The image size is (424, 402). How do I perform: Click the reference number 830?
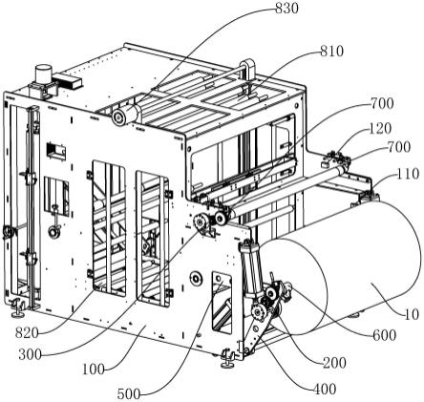tap(286, 9)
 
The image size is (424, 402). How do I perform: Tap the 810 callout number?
tap(332, 52)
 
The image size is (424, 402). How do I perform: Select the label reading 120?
tap(380, 129)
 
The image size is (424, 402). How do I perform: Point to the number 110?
tap(408, 174)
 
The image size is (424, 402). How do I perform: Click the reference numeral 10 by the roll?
tap(412, 314)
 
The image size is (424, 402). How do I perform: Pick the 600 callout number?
tap(385, 335)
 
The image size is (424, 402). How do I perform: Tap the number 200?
tap(334, 363)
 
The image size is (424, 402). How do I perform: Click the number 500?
tap(129, 394)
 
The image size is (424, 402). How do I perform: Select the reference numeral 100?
tap(94, 370)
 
